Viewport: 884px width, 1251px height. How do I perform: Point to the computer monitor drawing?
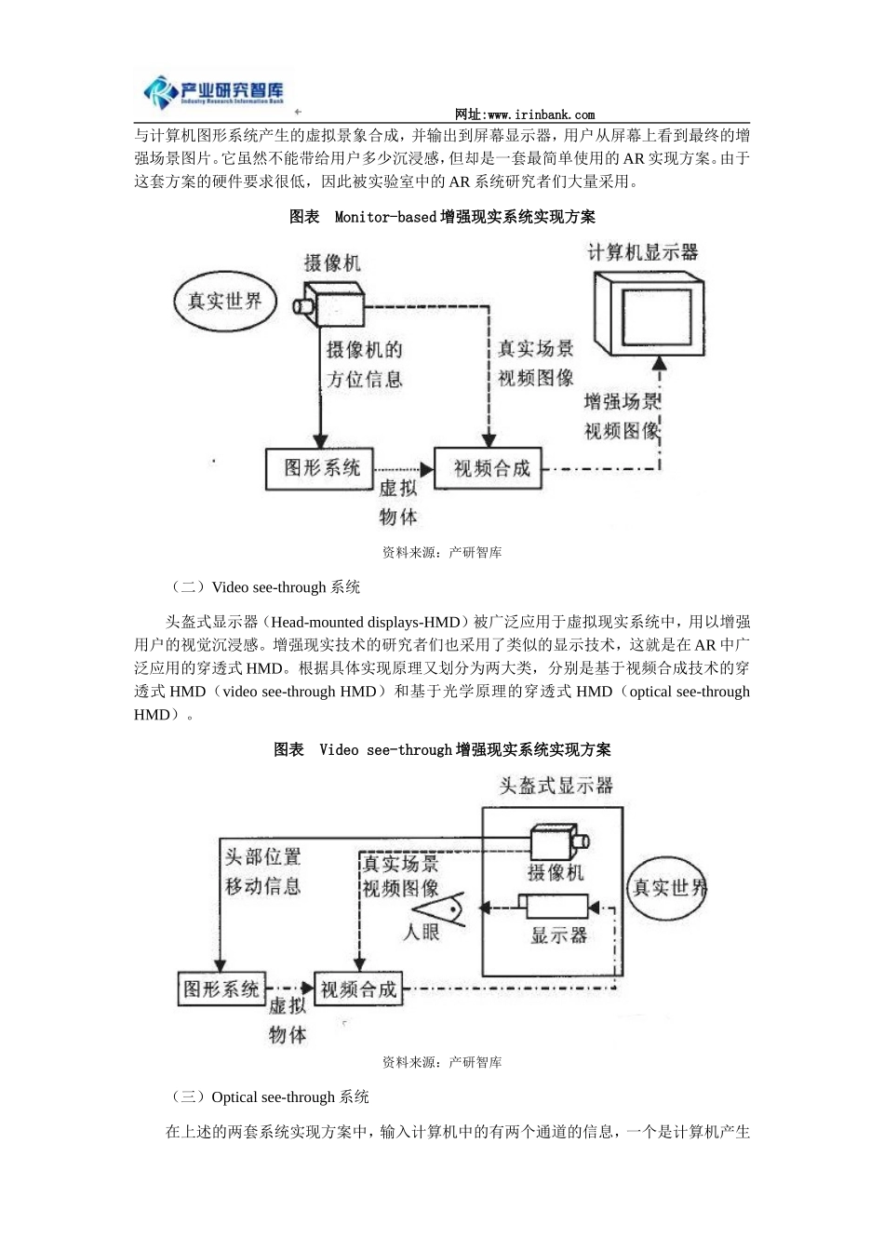pos(648,313)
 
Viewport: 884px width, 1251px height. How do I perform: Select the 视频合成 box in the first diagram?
pos(490,468)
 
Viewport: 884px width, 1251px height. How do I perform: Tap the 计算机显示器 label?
pos(642,252)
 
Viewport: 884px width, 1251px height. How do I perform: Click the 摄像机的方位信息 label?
pos(364,364)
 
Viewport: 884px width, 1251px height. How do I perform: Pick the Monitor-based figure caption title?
pos(442,217)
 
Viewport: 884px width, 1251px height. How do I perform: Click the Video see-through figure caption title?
pos(442,749)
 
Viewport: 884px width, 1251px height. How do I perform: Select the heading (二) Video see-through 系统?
pos(265,587)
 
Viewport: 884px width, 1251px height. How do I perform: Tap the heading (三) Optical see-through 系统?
pos(270,1097)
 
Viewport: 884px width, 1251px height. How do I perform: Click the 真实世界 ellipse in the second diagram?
pos(668,888)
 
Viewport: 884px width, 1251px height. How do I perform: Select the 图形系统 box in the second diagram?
pos(221,989)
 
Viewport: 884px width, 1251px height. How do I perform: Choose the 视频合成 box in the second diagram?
pos(358,989)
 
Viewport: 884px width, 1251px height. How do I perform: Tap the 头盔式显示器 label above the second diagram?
pos(556,786)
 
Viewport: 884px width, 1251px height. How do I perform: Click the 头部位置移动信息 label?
pos(262,871)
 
